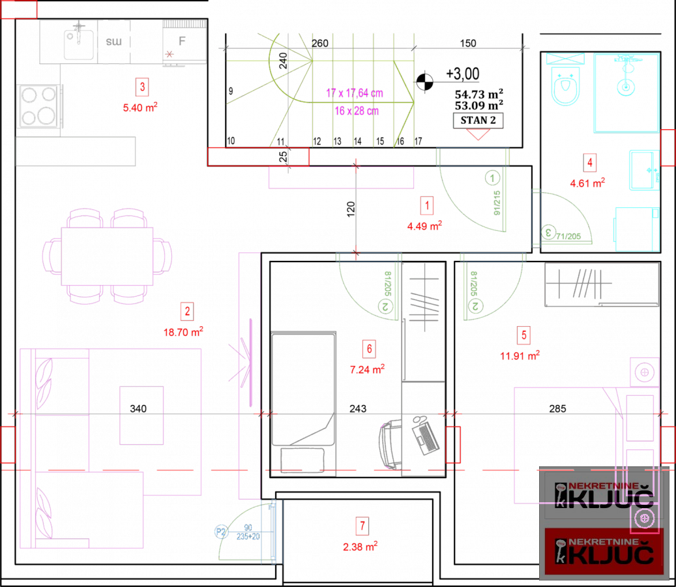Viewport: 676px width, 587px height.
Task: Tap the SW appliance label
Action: (x=113, y=42)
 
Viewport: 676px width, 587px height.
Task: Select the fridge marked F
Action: (x=183, y=41)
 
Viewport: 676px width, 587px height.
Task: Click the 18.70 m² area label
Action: (x=183, y=332)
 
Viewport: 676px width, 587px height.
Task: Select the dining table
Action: (x=107, y=256)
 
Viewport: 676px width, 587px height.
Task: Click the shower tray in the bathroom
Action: (x=626, y=92)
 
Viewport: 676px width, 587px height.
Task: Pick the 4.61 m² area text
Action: (x=587, y=183)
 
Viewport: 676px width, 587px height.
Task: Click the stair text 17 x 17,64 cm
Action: (x=355, y=93)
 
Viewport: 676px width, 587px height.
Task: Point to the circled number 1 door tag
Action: (x=492, y=177)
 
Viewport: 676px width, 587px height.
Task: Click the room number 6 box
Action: (x=369, y=349)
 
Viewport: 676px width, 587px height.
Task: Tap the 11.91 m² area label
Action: (x=520, y=356)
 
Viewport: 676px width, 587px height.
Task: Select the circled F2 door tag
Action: (x=222, y=532)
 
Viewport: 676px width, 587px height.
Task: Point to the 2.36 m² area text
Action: (x=360, y=547)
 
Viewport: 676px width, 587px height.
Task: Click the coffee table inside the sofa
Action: (x=141, y=415)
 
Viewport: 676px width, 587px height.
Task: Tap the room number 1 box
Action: (x=426, y=206)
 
